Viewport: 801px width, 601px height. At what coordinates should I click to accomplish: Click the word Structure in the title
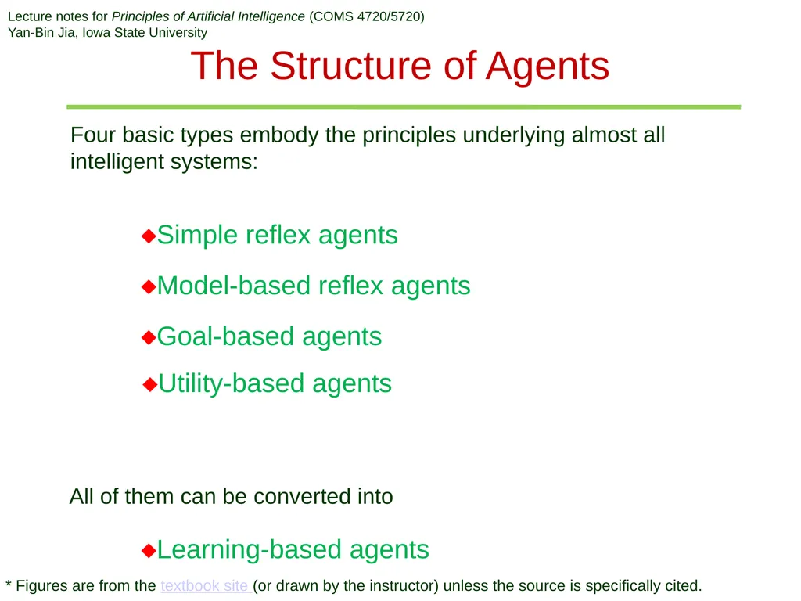[x=351, y=66]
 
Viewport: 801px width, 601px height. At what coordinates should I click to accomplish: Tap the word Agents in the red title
[x=547, y=67]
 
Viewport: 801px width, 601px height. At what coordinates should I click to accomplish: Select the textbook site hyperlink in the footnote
[x=204, y=585]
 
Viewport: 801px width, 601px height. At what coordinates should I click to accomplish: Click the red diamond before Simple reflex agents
[x=149, y=236]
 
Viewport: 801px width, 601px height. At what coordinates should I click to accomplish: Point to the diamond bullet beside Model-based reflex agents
[x=149, y=286]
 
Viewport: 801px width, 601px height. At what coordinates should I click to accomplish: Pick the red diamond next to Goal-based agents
[x=149, y=337]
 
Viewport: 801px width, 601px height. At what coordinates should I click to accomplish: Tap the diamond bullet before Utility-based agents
[x=150, y=384]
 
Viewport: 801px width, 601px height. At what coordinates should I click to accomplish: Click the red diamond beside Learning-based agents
[x=149, y=550]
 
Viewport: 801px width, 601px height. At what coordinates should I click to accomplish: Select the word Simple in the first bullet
[x=198, y=236]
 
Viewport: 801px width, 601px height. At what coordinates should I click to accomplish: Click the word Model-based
[x=234, y=285]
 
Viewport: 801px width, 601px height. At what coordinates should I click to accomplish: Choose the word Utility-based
[x=232, y=383]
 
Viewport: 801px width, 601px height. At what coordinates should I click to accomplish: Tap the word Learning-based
[x=249, y=549]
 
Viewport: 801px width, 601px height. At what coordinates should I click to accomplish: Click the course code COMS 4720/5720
[x=367, y=16]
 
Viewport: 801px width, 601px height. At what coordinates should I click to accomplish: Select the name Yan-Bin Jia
[x=41, y=33]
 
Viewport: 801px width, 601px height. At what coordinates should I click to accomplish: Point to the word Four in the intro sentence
[x=93, y=135]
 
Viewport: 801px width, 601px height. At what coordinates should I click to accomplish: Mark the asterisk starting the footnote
[x=8, y=582]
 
